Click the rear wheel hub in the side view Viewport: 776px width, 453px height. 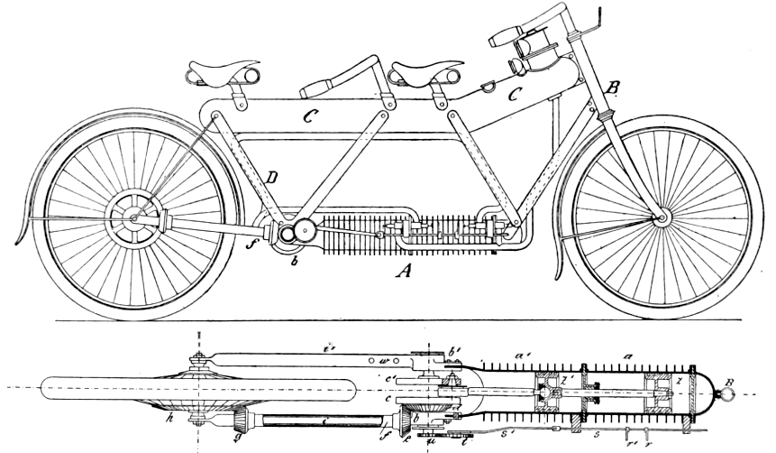(x=133, y=217)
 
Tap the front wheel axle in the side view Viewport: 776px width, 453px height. (x=662, y=217)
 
